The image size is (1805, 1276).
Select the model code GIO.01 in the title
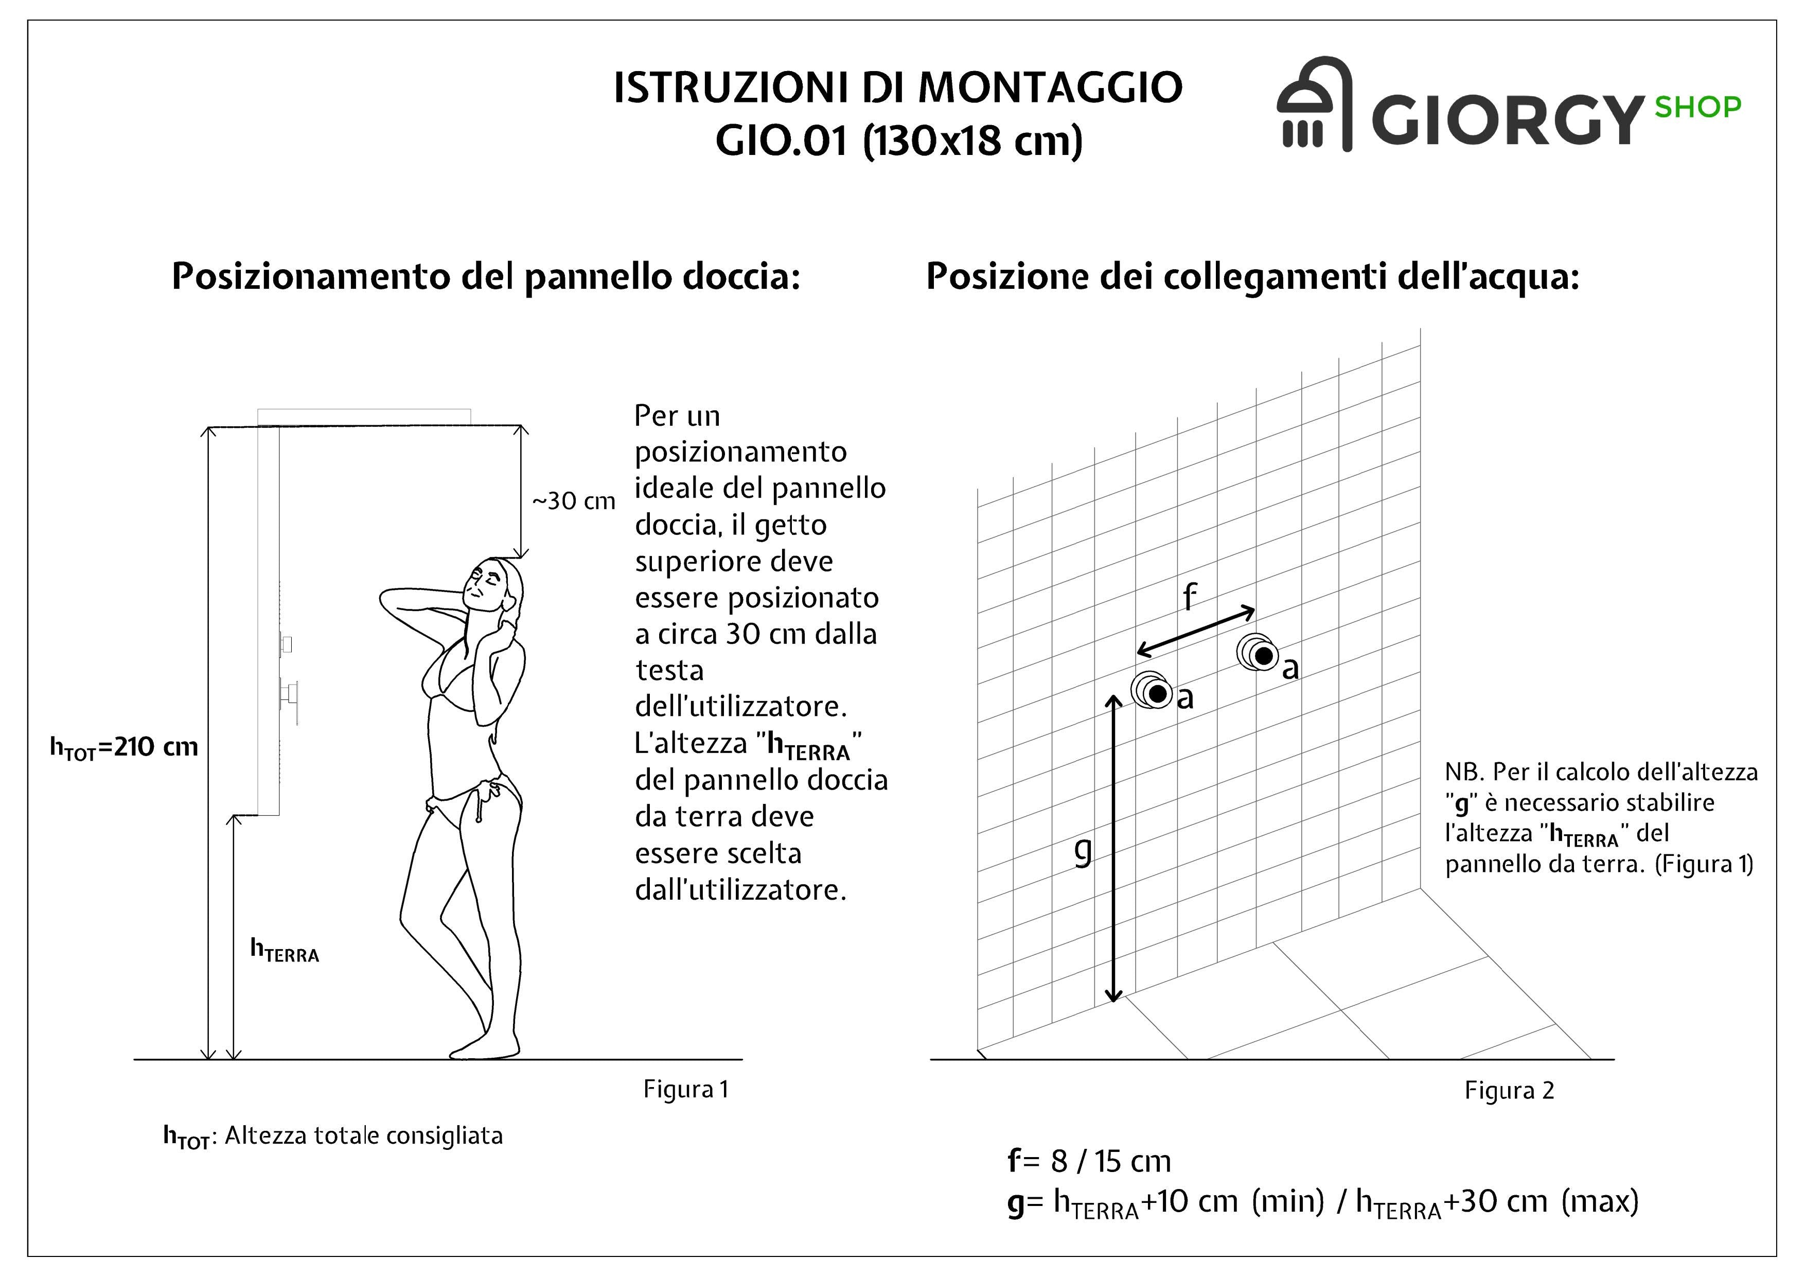[x=782, y=142]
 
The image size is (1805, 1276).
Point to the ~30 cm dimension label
[x=573, y=501]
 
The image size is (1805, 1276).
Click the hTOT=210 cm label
[x=124, y=747]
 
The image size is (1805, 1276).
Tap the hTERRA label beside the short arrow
[x=284, y=951]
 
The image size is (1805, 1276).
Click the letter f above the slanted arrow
[x=1190, y=598]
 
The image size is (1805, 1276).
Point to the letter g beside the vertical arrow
[x=1083, y=851]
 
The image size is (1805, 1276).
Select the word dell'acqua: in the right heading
[x=1487, y=277]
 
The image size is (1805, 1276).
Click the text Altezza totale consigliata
[x=363, y=1136]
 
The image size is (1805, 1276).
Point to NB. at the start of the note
[x=1464, y=772]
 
